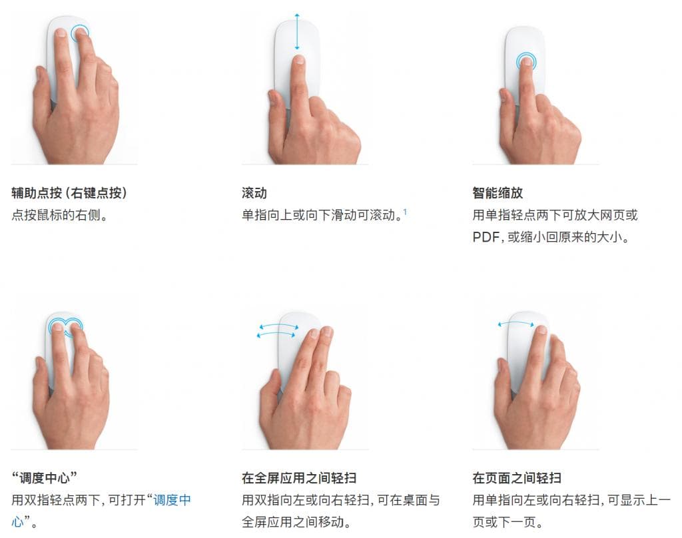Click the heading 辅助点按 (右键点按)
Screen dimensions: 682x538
[69, 192]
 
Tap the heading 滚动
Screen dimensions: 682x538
[254, 192]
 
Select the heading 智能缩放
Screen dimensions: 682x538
[498, 192]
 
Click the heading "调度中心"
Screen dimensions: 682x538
[44, 478]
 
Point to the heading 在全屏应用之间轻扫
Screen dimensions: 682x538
[299, 478]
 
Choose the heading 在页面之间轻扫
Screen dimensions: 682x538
[517, 478]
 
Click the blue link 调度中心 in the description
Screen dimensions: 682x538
[172, 500]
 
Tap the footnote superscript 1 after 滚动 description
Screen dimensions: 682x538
[405, 212]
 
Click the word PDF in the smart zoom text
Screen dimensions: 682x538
[486, 237]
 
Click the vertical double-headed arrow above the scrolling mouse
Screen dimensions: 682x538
[297, 31]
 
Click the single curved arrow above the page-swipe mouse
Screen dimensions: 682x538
[516, 322]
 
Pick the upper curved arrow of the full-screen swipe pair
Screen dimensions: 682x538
[279, 325]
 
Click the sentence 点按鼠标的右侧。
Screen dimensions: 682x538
[59, 215]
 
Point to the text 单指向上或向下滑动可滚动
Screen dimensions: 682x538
[318, 215]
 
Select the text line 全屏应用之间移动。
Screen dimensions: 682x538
[296, 521]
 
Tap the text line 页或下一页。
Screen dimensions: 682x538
[508, 521]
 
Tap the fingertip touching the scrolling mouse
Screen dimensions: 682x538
[298, 60]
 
